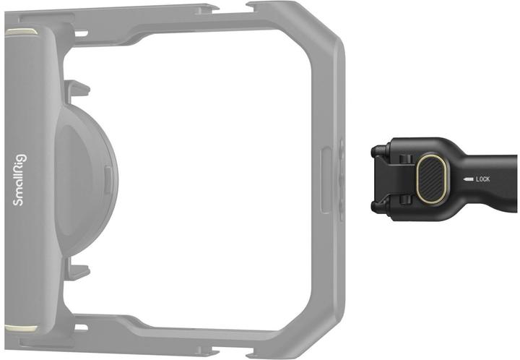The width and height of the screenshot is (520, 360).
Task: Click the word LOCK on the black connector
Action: (x=482, y=178)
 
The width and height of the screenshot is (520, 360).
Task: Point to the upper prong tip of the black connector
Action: (x=376, y=150)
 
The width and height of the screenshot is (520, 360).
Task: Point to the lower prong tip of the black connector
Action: (x=376, y=207)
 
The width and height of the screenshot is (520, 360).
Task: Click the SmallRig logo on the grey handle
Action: (x=19, y=179)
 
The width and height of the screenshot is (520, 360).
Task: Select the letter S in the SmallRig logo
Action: (x=19, y=201)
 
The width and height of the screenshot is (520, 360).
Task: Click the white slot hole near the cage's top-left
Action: (x=81, y=33)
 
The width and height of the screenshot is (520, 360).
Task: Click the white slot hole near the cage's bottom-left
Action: (x=81, y=327)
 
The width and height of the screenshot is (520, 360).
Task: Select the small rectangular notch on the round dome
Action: (x=108, y=173)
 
